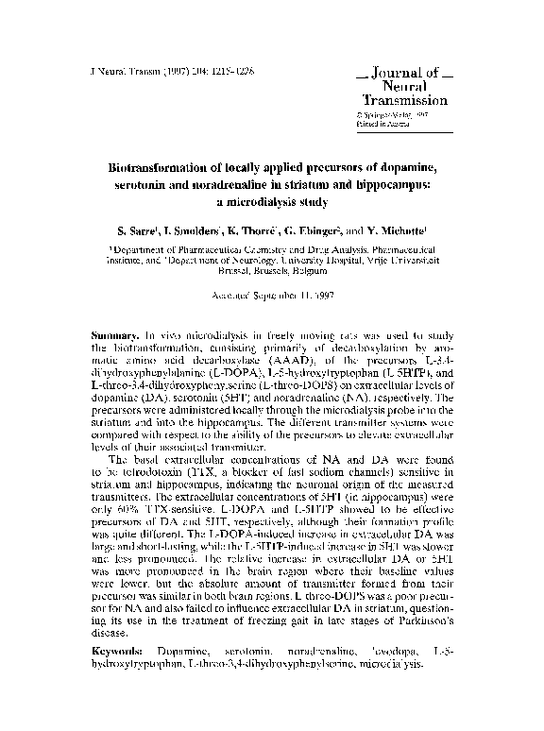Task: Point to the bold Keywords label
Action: [116, 653]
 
